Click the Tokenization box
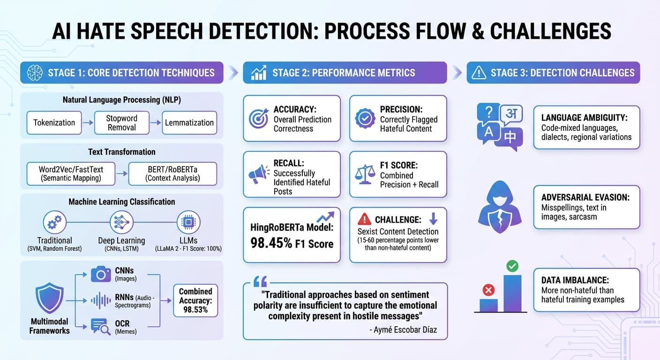54,123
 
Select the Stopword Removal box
122,123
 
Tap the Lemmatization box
189,123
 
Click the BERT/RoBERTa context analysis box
172,173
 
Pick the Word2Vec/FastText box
71,173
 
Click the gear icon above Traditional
54,222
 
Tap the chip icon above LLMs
188,222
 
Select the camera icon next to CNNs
101,274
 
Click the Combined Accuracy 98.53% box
196,300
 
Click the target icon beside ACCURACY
259,119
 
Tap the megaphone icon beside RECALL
259,174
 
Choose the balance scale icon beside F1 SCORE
365,174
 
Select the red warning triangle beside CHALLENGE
364,219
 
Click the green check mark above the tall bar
512,267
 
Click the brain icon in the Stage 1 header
35,73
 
